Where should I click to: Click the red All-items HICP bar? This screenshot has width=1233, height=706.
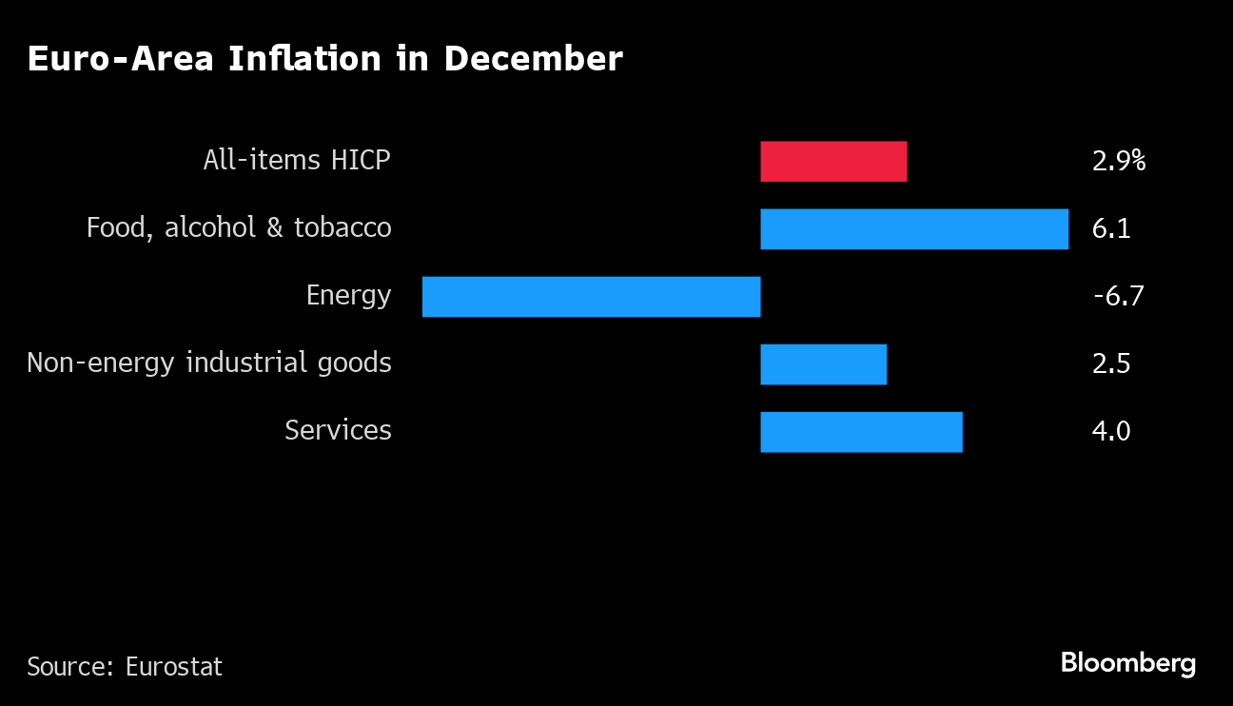(833, 162)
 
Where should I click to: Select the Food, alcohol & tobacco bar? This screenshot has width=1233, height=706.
(914, 229)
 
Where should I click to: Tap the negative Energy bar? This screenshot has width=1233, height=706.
(591, 297)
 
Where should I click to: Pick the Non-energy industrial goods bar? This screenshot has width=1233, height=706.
(823, 364)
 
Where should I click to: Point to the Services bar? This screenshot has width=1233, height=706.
(861, 432)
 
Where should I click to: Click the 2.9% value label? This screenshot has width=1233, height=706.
(1119, 161)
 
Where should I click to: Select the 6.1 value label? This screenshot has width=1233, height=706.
(1111, 229)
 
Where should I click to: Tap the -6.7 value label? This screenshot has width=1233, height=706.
(1118, 297)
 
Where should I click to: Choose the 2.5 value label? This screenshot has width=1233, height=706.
(1111, 364)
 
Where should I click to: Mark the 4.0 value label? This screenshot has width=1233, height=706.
(1111, 432)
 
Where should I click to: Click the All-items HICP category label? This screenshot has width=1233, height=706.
(297, 160)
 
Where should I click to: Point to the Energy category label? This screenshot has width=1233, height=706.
(348, 296)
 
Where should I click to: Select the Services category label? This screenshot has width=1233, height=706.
(338, 430)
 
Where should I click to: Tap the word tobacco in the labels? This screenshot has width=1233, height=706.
(343, 228)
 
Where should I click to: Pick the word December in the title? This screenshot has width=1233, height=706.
(533, 59)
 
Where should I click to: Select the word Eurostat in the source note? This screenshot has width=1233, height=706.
(174, 667)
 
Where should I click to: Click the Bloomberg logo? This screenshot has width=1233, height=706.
(1128, 664)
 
